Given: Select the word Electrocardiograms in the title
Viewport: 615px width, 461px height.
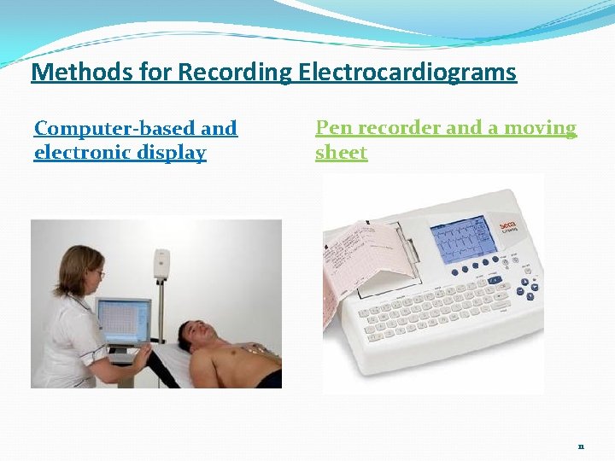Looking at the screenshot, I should (x=407, y=73).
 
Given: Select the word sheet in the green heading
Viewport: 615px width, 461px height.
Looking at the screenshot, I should (x=341, y=154).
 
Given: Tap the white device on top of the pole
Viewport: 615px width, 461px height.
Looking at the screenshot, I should (x=161, y=264).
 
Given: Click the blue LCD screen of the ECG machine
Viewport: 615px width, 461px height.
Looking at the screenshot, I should (x=461, y=238).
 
